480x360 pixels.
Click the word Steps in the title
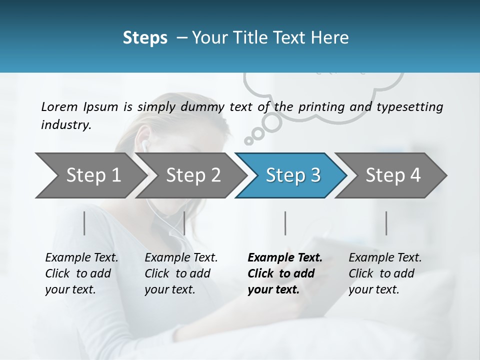pos(145,38)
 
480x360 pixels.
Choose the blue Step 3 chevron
pos(293,175)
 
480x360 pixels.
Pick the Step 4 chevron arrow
pos(393,175)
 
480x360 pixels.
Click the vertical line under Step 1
pos(84,223)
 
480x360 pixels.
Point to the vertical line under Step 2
pos(184,223)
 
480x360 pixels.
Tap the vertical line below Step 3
pos(285,223)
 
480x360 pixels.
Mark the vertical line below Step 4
pos(386,223)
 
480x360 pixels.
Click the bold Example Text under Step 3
pos(285,258)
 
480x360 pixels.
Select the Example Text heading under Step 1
pos(81,258)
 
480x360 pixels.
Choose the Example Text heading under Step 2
pos(181,258)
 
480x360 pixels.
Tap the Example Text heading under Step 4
pos(385,258)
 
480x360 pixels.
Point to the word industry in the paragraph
pos(66,125)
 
